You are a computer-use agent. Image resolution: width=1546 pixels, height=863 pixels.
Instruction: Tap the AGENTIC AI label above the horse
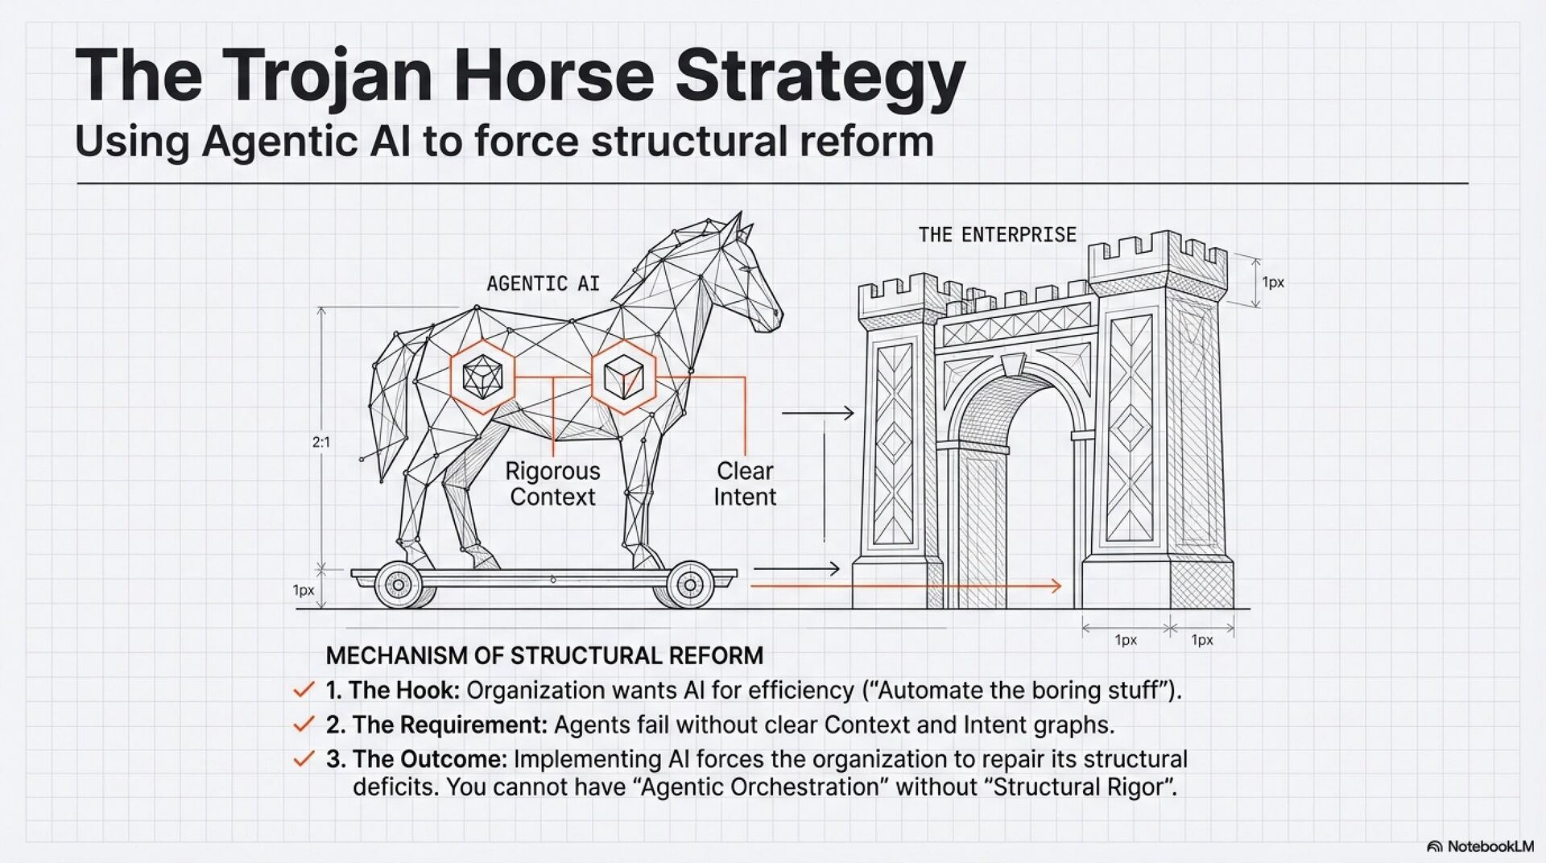click(x=543, y=283)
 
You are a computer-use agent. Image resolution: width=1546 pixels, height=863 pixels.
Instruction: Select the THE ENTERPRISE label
click(x=997, y=235)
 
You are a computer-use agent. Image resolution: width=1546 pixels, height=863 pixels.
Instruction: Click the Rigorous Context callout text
click(x=553, y=484)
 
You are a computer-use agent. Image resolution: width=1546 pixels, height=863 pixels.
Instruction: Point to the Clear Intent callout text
click(x=745, y=484)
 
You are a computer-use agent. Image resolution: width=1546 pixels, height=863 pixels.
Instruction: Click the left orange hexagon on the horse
click(x=482, y=377)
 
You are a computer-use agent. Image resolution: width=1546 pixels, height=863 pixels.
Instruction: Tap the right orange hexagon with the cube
click(x=623, y=377)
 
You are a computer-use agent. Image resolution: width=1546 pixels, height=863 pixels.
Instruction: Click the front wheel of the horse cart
click(x=690, y=585)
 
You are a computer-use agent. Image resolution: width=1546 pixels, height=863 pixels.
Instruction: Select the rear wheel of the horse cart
click(x=399, y=585)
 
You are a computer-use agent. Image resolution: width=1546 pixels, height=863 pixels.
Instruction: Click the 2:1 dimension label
click(x=321, y=442)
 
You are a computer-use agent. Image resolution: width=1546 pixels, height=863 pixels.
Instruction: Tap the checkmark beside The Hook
click(x=304, y=690)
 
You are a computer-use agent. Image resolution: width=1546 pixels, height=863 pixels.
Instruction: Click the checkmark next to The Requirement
click(x=304, y=725)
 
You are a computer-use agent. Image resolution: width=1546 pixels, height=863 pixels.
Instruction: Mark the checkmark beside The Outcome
click(x=304, y=759)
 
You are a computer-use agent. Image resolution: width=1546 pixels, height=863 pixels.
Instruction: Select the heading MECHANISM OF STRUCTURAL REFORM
click(x=544, y=656)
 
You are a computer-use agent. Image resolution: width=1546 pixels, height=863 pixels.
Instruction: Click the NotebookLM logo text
click(x=1490, y=846)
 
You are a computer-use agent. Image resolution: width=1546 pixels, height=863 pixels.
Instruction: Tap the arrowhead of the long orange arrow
click(x=1056, y=586)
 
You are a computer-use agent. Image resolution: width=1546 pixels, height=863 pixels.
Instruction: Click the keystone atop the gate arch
click(x=1013, y=365)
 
